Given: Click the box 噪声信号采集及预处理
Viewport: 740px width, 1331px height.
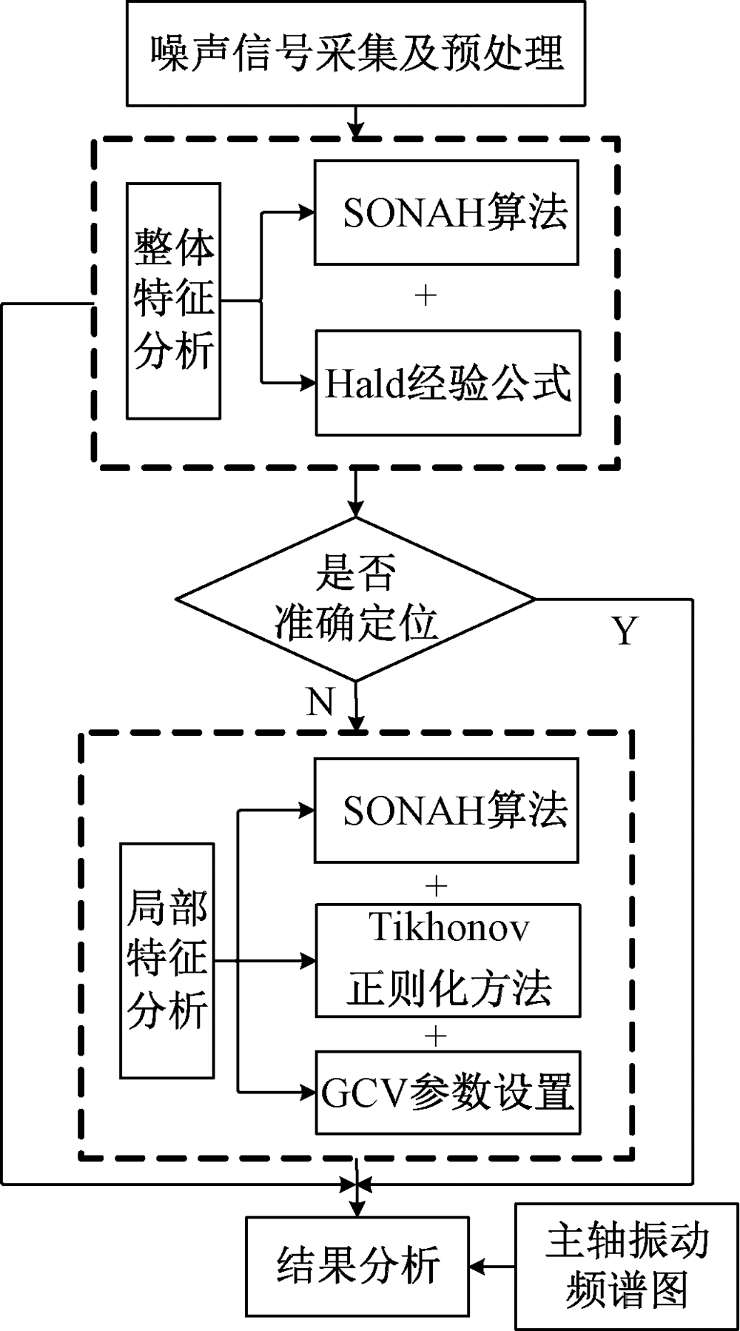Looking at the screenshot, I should [x=356, y=53].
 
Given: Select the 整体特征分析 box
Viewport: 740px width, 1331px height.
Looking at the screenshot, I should [x=174, y=301].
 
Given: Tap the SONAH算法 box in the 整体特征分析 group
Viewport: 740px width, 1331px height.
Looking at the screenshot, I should [x=446, y=212].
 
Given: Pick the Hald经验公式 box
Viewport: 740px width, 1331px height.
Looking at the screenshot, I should [x=448, y=383].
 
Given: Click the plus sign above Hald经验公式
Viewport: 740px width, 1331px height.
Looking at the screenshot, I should [x=426, y=296].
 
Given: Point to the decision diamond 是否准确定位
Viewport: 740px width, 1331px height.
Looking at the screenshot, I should [x=356, y=598].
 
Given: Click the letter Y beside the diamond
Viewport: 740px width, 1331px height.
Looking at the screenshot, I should [x=624, y=631].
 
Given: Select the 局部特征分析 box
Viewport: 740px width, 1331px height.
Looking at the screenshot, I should [x=167, y=961].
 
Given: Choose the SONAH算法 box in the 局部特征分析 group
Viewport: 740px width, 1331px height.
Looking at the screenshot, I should [x=446, y=810].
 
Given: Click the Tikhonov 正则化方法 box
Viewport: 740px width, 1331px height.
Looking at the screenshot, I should [x=448, y=961].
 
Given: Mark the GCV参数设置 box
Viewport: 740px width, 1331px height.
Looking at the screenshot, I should [x=448, y=1092].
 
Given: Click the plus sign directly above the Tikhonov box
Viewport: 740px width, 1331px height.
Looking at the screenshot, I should [x=437, y=885].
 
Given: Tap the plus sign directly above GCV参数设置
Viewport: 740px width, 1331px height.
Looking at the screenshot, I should [x=437, y=1035].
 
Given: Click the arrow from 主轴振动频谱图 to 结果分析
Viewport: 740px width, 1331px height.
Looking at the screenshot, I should [x=491, y=1267].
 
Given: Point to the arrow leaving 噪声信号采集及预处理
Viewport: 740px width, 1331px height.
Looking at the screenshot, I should [x=357, y=122].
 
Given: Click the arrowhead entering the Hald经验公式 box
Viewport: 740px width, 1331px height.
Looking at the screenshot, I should [x=306, y=383].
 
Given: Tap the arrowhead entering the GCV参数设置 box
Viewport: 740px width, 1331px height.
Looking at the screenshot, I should [x=306, y=1092].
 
